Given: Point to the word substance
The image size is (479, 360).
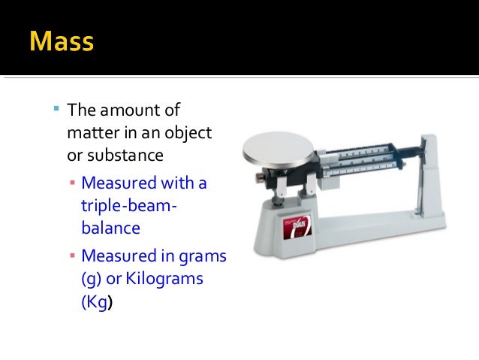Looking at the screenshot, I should pyautogui.click(x=125, y=156).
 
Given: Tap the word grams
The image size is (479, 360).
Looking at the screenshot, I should pyautogui.click(x=201, y=256).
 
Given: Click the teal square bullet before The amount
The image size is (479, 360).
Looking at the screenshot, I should pyautogui.click(x=56, y=109).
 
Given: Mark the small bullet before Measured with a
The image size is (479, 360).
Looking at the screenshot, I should pyautogui.click(x=71, y=183).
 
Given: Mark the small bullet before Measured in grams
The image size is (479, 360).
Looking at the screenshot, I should pyautogui.click(x=71, y=256).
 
